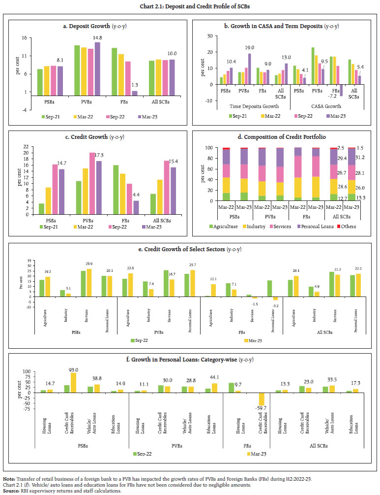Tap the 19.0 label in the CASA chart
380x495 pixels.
tap(250, 48)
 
